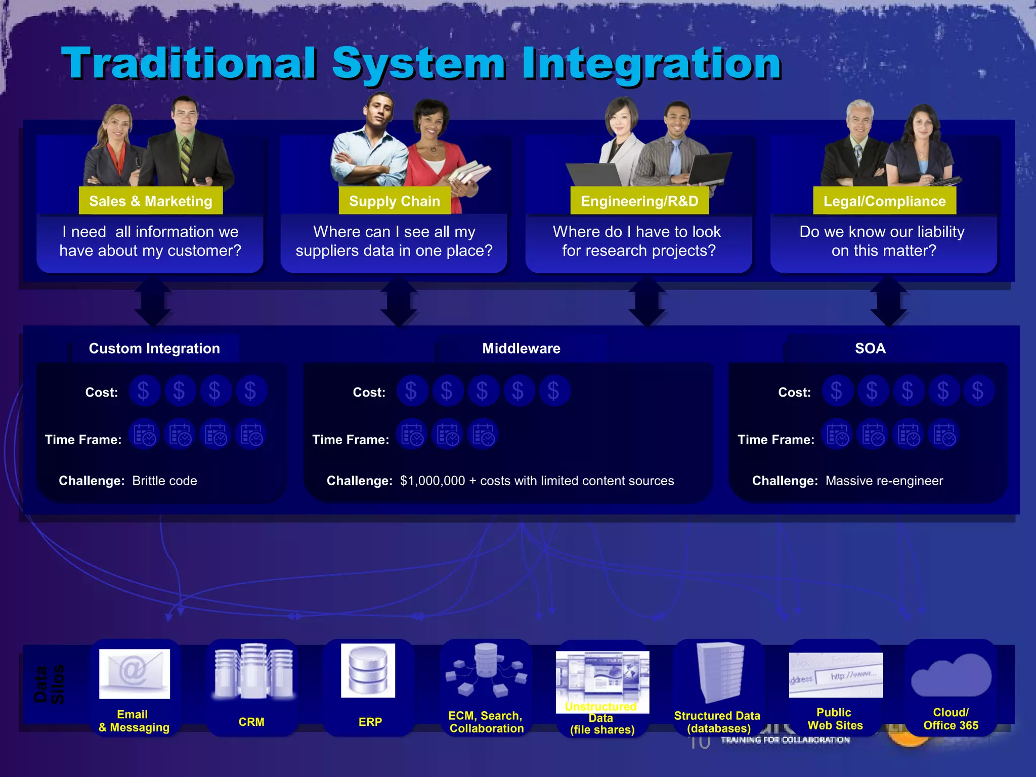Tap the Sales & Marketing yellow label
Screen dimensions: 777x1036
[151, 201]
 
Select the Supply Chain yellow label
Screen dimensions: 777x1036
[395, 201]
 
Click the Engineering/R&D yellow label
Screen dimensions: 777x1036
[639, 201]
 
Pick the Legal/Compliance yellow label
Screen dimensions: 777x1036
[884, 201]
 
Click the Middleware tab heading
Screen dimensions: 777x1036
[521, 348]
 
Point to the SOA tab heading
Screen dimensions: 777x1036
[870, 348]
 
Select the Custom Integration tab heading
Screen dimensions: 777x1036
[154, 348]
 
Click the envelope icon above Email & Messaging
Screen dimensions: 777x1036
[135, 673]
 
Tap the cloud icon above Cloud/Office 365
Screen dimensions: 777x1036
[951, 675]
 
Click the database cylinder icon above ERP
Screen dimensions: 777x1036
[368, 670]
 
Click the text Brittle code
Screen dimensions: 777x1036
[164, 481]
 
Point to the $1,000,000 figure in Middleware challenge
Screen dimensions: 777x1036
[433, 481]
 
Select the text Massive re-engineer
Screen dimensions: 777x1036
[884, 481]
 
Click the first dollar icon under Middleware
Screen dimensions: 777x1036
[411, 391]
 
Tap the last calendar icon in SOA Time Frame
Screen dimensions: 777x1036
[944, 435]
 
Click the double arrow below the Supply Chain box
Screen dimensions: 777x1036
[399, 303]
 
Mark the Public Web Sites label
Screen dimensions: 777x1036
[835, 719]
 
